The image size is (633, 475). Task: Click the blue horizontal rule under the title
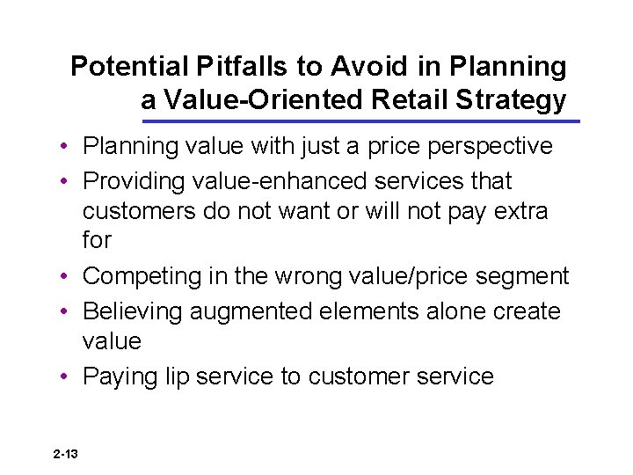360,121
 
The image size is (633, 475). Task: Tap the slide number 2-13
65,454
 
